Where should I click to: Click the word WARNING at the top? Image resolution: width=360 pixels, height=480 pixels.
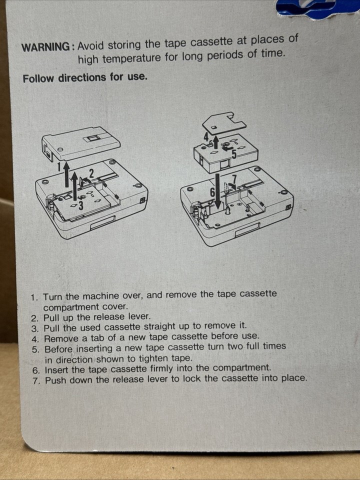pyautogui.click(x=46, y=47)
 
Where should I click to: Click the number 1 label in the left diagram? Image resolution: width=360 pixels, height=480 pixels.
pyautogui.click(x=59, y=166)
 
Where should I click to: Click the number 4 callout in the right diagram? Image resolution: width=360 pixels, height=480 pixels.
pyautogui.click(x=206, y=135)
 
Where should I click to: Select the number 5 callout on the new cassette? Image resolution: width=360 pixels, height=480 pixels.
pyautogui.click(x=233, y=153)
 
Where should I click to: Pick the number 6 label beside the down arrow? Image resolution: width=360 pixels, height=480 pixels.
pyautogui.click(x=211, y=192)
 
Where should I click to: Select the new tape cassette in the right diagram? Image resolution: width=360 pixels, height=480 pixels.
pyautogui.click(x=225, y=152)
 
